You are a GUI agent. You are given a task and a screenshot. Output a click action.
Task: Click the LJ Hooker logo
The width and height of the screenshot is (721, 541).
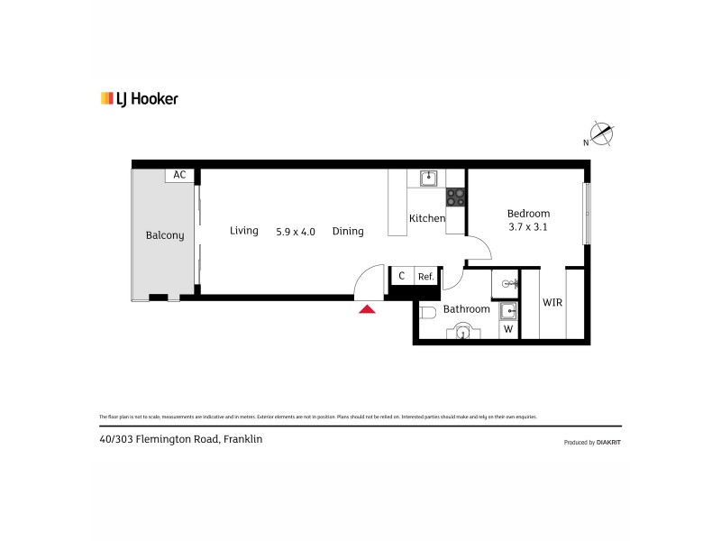coord(139,99)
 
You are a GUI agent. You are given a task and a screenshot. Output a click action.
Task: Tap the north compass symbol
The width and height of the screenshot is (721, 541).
coord(601,135)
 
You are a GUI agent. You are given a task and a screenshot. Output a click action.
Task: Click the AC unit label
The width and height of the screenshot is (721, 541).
coord(179,175)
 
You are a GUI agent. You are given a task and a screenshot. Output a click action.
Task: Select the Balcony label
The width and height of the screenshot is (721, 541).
coord(165,235)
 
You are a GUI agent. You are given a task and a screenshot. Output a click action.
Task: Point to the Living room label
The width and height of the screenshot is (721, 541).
coord(244,231)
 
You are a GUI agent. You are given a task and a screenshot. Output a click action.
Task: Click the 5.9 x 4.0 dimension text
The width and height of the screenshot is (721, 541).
coord(296,232)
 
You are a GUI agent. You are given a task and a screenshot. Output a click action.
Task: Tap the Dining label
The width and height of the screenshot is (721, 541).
coord(348,232)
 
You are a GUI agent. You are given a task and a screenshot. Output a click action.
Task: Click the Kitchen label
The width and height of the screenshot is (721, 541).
coord(427,218)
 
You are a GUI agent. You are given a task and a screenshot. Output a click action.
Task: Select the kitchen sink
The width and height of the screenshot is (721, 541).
coord(427,178)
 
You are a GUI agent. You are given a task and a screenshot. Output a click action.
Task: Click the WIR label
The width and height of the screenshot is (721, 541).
coord(552,303)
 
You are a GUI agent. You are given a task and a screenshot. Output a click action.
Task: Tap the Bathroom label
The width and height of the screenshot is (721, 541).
coord(466,309)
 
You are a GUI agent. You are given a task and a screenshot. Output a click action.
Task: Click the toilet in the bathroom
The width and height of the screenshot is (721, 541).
coord(429,313)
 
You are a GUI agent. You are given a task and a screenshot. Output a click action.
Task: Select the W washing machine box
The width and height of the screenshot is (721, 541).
coord(508,329)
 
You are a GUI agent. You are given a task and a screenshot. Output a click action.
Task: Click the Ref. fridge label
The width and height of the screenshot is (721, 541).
coord(425,277)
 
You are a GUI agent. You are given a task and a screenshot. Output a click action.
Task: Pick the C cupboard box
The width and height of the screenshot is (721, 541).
coord(401,276)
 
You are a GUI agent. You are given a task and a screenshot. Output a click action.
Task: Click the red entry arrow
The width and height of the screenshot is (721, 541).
coord(367,309)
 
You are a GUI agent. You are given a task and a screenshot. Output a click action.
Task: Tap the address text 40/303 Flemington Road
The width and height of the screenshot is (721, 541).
coord(181,440)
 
